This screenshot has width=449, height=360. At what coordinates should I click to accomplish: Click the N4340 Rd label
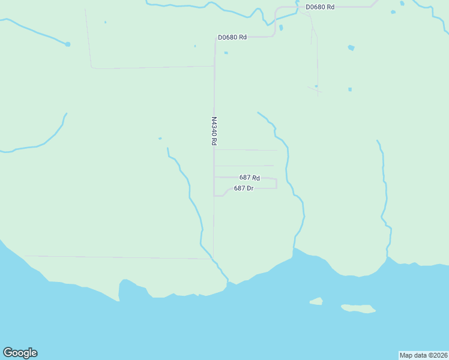pyautogui.click(x=214, y=131)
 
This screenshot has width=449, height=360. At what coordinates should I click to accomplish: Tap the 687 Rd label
pyautogui.click(x=249, y=178)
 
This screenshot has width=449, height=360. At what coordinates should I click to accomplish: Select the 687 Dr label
pyautogui.click(x=244, y=188)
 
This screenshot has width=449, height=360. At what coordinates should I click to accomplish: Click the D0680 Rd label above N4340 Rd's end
pyautogui.click(x=232, y=37)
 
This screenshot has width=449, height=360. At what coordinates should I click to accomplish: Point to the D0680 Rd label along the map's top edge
pyautogui.click(x=319, y=7)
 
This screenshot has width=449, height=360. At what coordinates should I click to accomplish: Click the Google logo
pyautogui.click(x=20, y=353)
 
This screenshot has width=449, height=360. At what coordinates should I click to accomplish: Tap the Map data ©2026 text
pyautogui.click(x=423, y=355)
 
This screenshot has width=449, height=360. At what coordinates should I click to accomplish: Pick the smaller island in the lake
pyautogui.click(x=316, y=301)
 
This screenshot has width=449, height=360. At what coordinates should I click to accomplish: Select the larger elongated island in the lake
pyautogui.click(x=358, y=308)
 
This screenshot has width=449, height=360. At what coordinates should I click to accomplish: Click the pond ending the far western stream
pyautogui.click(x=68, y=44)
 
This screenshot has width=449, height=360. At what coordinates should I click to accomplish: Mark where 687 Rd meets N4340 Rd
pyautogui.click(x=215, y=178)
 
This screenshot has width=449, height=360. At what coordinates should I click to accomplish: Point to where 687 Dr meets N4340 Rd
pyautogui.click(x=215, y=196)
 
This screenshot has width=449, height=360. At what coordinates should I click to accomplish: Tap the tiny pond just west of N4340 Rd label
pyautogui.click(x=160, y=139)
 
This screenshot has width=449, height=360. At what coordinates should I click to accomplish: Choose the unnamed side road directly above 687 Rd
pyautogui.click(x=244, y=166)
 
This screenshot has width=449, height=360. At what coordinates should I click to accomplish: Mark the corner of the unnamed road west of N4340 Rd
pyautogui.click(x=92, y=68)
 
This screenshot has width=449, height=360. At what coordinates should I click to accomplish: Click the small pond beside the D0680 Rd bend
pyautogui.click(x=280, y=27)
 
